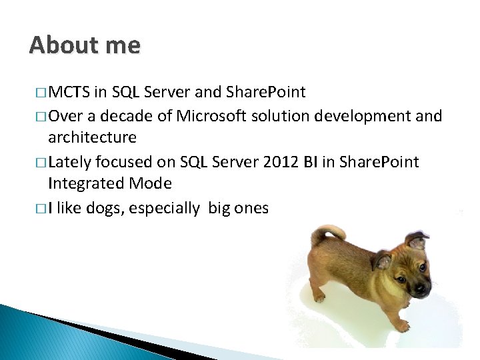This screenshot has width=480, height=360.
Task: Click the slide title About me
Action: (85, 45)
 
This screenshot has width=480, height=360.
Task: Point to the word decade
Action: (124, 116)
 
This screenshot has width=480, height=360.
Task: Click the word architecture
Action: (92, 138)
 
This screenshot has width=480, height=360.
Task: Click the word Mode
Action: (150, 183)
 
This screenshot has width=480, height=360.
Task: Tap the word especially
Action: (164, 208)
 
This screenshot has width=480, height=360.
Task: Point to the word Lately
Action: (70, 162)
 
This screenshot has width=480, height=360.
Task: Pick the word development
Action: (362, 116)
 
